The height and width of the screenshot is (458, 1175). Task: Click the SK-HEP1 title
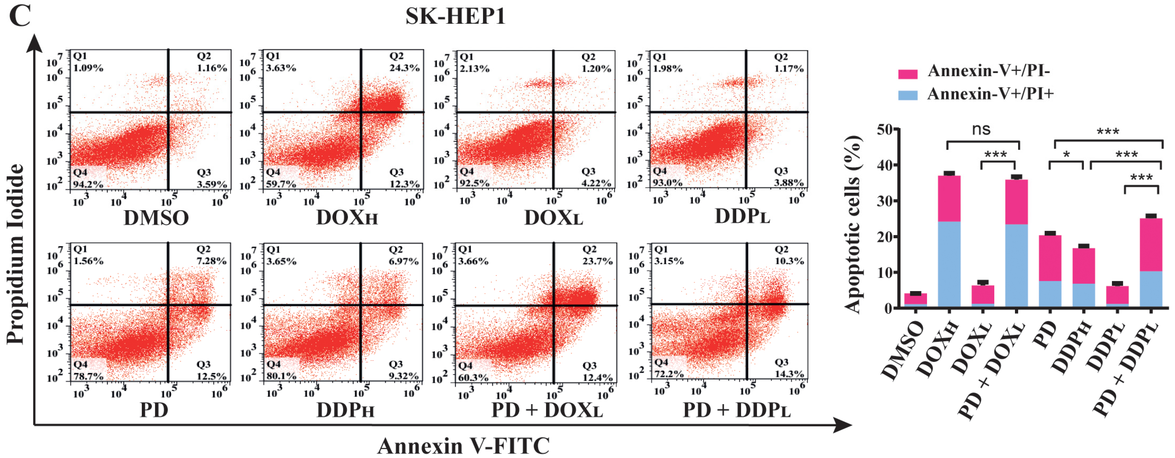455,16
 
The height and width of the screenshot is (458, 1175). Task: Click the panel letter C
20,16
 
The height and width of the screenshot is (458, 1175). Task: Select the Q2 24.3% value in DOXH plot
404,68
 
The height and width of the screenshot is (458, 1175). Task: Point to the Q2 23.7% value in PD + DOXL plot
597,261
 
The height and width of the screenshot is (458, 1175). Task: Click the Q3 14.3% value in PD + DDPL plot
789,374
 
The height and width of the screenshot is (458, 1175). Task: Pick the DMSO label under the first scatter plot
156,218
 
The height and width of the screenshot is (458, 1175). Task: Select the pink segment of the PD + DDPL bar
1150,245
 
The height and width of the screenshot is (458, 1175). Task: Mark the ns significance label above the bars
981,130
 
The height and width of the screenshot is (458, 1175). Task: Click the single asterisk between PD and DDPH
1066,155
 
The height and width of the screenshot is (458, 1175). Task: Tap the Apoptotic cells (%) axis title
852,224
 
